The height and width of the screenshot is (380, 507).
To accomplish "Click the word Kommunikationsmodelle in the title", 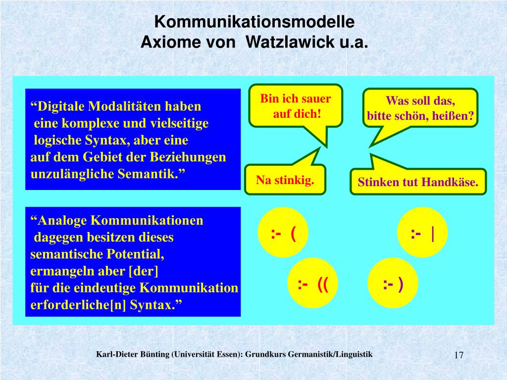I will click(254, 22).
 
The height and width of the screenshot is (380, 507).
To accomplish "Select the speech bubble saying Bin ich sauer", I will click(296, 105).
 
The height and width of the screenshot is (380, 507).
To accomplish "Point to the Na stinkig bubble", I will click(285, 180).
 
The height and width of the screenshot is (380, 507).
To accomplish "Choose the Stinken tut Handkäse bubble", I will click(418, 182).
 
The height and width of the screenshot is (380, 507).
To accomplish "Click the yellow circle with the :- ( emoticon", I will click(284, 233).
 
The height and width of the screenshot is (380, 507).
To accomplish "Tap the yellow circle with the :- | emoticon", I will click(423, 233).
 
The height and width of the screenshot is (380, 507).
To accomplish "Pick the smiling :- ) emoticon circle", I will click(393, 284).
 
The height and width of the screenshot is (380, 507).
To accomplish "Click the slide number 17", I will click(458, 355).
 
